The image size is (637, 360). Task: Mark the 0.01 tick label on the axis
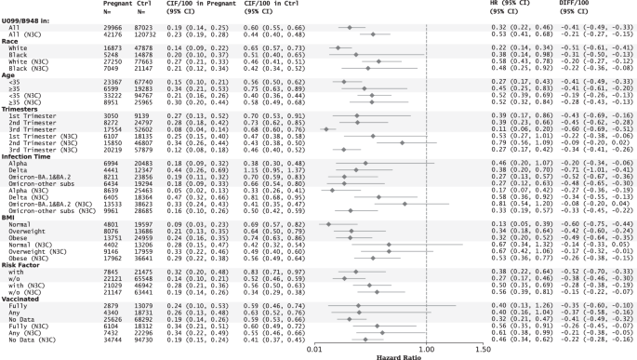pos(318,346)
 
